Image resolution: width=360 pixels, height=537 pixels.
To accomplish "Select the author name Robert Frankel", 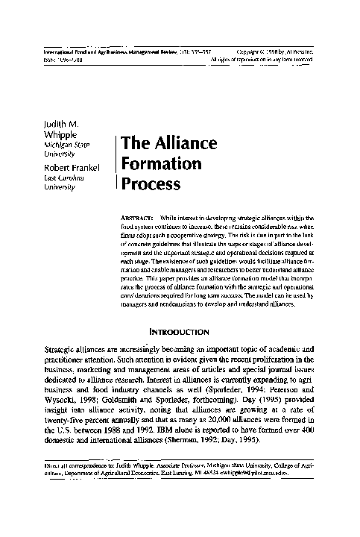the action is tap(73, 167).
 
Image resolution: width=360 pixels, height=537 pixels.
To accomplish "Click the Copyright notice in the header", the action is tap(282, 51).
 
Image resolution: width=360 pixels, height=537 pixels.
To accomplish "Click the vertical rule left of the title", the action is tap(116, 161).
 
